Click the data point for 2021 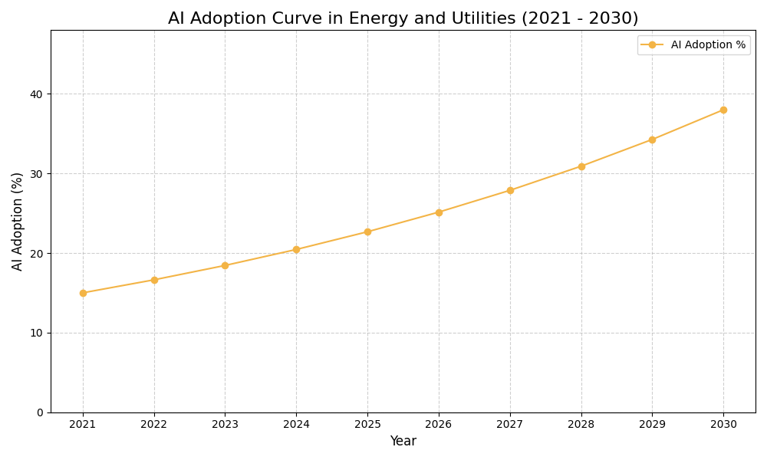click(83, 293)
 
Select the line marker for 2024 click(296, 249)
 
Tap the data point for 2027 click(510, 190)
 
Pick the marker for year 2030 click(723, 110)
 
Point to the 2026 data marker click(439, 212)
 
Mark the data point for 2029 click(652, 140)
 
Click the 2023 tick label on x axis click(225, 425)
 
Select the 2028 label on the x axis click(581, 425)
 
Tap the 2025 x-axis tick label click(367, 425)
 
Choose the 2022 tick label click(154, 425)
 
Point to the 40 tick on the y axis click(37, 94)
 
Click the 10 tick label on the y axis click(37, 333)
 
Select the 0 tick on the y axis click(40, 412)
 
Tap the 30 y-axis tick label click(37, 174)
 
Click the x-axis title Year click(403, 442)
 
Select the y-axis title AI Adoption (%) click(18, 221)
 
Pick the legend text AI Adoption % click(708, 45)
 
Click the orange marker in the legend click(652, 45)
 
